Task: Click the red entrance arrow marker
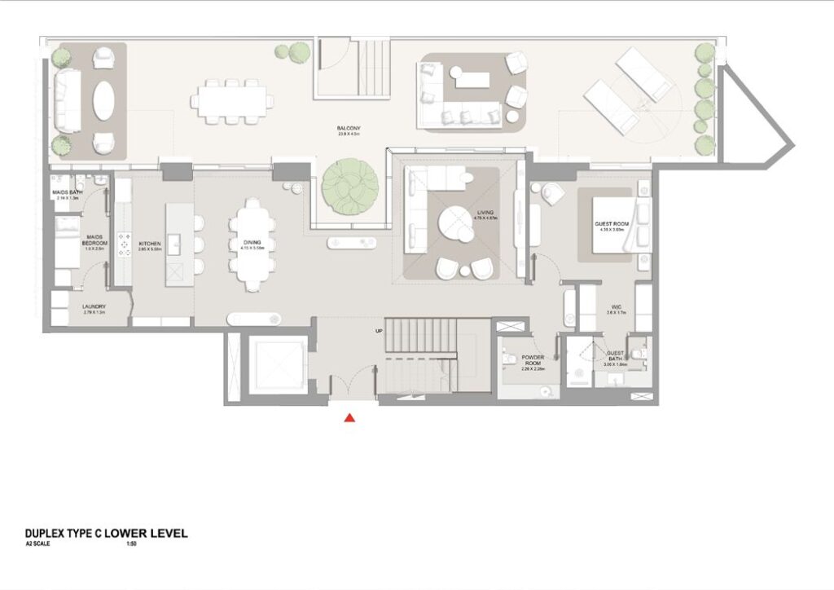point(349,418)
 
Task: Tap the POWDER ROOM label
point(533,359)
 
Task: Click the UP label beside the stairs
point(379,332)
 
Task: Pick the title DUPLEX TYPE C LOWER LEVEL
point(107,534)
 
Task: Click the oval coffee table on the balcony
point(104,102)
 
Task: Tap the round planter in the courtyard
point(348,187)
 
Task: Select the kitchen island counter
point(180,244)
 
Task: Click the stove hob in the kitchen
point(125,244)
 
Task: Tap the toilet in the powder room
point(510,358)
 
